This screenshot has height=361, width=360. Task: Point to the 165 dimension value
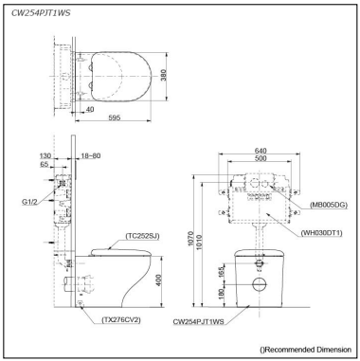coord(224,274)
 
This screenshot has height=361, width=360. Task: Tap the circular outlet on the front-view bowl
coord(259,284)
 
